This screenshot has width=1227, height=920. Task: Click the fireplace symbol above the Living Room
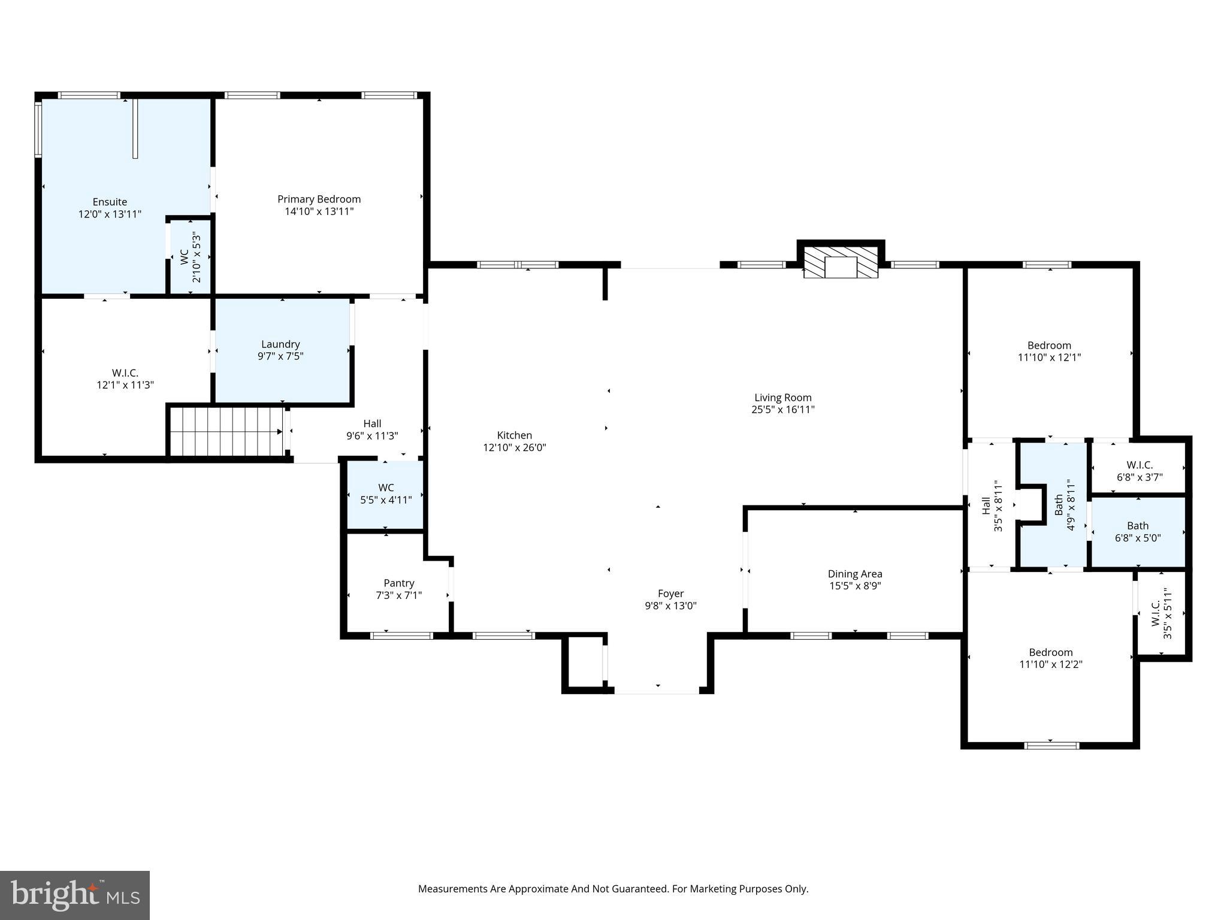841,264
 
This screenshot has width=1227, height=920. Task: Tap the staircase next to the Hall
226,431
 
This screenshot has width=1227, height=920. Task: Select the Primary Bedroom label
319,199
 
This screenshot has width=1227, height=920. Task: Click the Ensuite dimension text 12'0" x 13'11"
110,214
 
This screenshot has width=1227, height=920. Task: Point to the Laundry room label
280,344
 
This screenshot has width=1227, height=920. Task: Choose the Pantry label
398,583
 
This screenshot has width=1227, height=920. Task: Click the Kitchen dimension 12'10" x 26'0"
515,447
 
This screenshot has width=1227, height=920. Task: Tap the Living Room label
782,398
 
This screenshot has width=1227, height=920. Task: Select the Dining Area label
855,574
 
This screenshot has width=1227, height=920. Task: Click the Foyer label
670,594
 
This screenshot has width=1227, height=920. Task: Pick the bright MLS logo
75,895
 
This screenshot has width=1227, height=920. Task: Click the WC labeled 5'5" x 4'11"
386,494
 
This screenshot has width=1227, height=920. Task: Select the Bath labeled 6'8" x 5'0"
1138,532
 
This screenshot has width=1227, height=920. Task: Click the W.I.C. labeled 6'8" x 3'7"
1139,471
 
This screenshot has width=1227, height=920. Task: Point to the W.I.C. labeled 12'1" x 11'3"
125,379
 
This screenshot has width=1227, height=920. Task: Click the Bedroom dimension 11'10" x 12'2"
1051,664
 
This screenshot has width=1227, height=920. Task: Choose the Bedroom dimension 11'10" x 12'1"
1049,358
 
